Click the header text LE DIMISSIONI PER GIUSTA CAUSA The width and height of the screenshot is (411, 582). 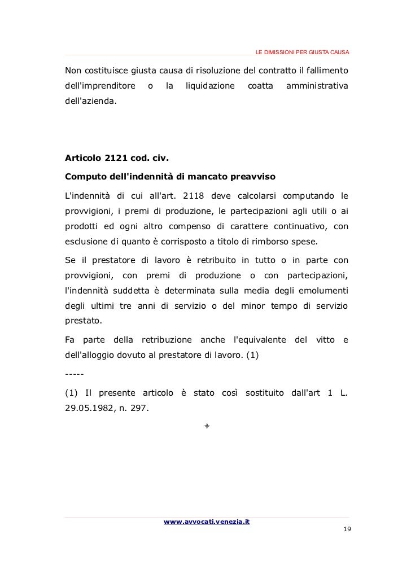point(302,53)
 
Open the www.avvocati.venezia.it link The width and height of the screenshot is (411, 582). point(207,522)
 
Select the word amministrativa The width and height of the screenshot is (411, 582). point(317,86)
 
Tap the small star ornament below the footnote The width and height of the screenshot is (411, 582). point(207,425)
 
